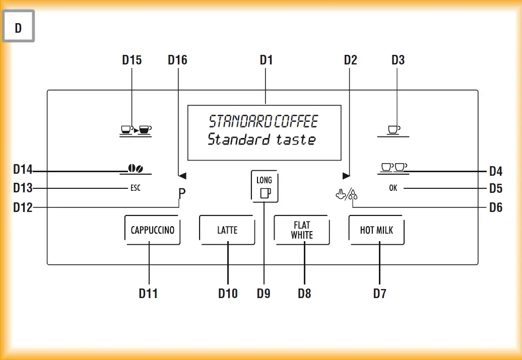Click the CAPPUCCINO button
(x=152, y=230)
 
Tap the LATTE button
(x=227, y=230)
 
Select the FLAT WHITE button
(x=302, y=230)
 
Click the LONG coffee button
(x=264, y=186)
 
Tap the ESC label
(x=135, y=188)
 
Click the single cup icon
(x=394, y=130)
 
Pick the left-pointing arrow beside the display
(x=182, y=176)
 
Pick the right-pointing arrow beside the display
(x=346, y=176)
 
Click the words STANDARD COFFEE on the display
(x=264, y=121)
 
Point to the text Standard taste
(x=262, y=139)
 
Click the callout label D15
(x=132, y=60)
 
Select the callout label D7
(x=379, y=293)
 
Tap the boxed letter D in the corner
(x=18, y=28)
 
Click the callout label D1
(x=266, y=60)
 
